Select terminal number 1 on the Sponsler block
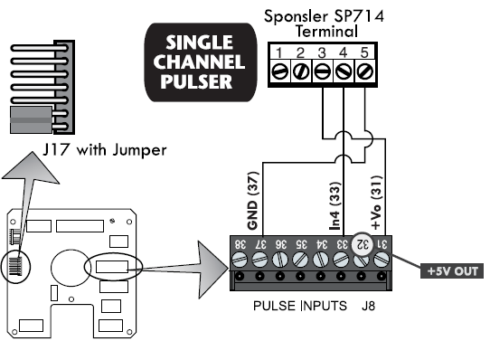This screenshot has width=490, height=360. coord(280,52)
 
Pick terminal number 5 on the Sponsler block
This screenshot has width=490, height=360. coord(364,52)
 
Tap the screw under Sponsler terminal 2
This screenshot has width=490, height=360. coord(302,69)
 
